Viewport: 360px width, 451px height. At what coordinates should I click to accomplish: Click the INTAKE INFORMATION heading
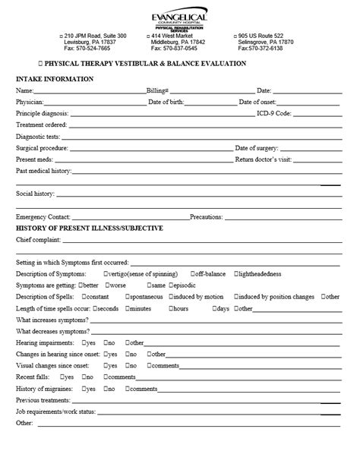pyautogui.click(x=55, y=79)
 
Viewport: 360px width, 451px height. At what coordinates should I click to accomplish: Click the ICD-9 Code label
pyautogui.click(x=274, y=113)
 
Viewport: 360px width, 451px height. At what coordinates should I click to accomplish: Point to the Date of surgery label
pyautogui.click(x=257, y=148)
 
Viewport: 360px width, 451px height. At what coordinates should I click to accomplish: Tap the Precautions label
pyautogui.click(x=207, y=216)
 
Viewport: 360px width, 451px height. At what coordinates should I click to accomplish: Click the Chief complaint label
pyautogui.click(x=38, y=240)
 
